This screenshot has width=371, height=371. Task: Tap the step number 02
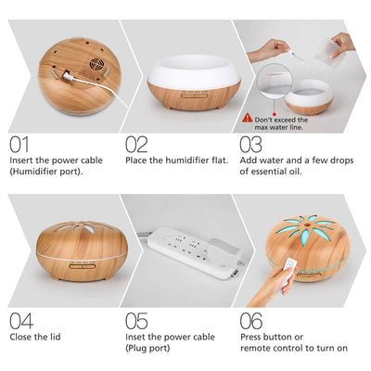[x=136, y=146]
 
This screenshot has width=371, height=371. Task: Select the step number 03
[x=252, y=146]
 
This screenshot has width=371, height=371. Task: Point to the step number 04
[x=21, y=321]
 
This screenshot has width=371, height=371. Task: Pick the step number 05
[x=136, y=321]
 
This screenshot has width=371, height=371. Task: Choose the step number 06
[x=252, y=321]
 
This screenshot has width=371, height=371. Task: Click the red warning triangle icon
[x=247, y=119]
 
